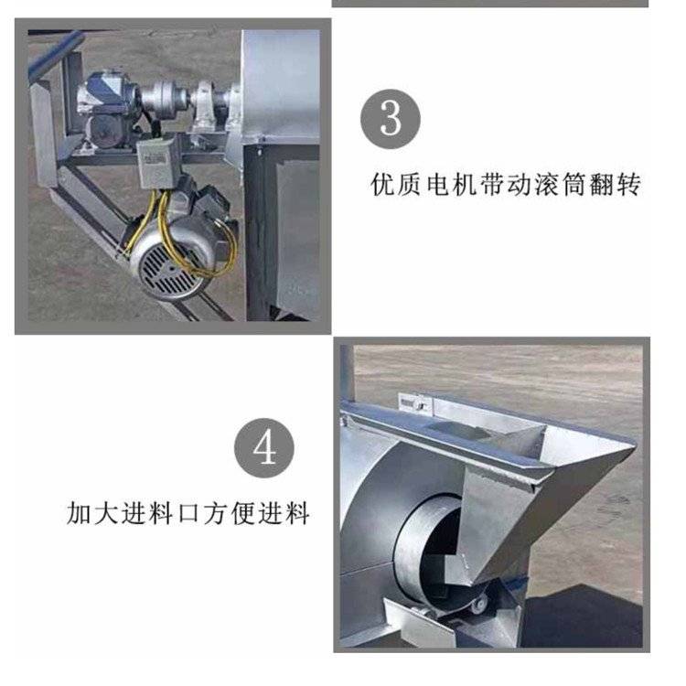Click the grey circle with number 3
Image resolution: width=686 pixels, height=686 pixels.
tap(391, 119)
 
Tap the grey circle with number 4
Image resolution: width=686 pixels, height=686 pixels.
tap(264, 447)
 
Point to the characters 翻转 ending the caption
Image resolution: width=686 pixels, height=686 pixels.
tap(615, 184)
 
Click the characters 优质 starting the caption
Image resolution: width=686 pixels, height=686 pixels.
tap(397, 184)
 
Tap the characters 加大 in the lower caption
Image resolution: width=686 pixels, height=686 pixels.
tap(91, 513)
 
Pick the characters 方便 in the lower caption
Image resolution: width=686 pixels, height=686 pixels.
tap(229, 513)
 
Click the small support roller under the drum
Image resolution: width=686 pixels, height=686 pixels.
tap(478, 606)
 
